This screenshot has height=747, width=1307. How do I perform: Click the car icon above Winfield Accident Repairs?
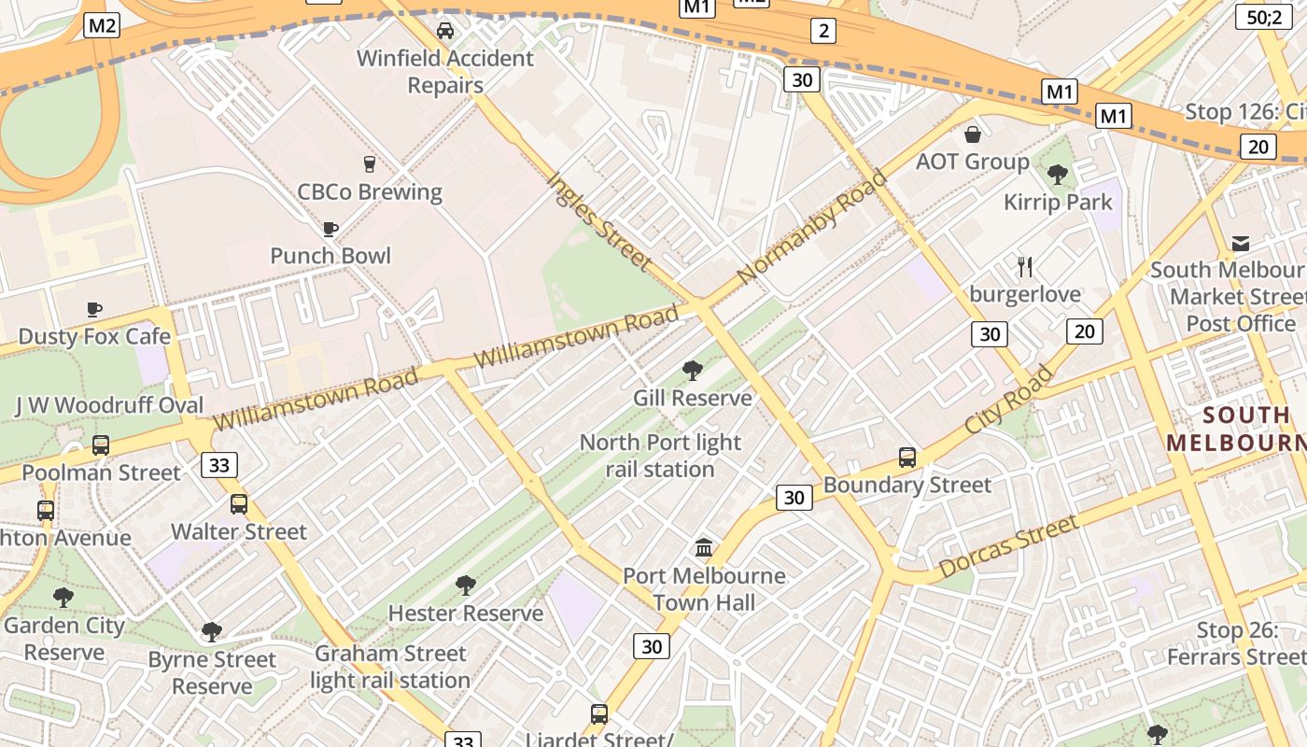pos(445,31)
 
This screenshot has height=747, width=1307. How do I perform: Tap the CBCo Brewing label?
pos(369,191)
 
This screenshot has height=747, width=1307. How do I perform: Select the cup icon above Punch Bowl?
pos(330,229)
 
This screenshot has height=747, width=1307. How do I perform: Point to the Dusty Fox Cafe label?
pos(94,336)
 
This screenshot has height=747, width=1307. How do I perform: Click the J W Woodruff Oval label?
pos(109,405)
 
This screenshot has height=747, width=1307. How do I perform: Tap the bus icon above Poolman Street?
pos(101,445)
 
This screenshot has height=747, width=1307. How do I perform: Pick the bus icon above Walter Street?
pos(239,504)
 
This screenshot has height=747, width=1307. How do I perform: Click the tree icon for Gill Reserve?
pos(692,371)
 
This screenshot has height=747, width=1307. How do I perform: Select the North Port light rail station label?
pos(660,456)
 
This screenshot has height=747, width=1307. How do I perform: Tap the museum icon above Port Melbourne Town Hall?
pos(704,547)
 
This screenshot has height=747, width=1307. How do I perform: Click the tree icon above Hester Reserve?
pos(465,585)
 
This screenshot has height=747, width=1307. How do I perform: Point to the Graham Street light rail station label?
pos(389,667)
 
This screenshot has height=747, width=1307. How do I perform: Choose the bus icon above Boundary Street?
pos(906,458)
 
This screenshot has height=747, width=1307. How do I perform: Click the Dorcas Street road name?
pos(1008,546)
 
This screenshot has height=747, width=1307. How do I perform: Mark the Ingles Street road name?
pos(597,220)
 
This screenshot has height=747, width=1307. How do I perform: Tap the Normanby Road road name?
pos(812,227)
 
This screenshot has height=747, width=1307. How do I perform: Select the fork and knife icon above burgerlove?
pos(1025,267)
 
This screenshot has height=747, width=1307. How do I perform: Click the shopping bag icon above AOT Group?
pos(972,134)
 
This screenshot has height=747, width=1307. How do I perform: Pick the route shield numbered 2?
pos(822,31)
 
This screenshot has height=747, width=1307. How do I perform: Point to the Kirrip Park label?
pos(1058,202)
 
